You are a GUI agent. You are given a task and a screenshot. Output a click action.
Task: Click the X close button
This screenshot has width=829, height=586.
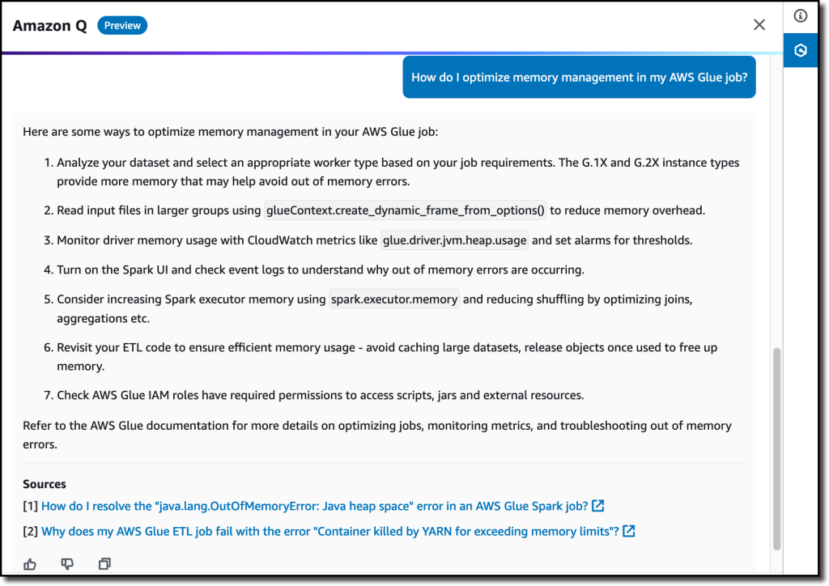point(759,25)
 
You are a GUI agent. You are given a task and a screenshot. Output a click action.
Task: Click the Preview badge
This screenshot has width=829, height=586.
point(122,25)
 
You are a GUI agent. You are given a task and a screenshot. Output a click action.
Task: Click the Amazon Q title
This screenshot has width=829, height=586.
point(50,25)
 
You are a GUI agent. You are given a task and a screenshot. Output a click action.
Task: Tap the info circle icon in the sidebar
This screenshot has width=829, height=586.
point(801,15)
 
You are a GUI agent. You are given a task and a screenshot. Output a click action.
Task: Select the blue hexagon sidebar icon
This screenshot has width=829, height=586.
point(801,50)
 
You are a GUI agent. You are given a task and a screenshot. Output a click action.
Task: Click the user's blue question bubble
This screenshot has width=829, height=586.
point(579,78)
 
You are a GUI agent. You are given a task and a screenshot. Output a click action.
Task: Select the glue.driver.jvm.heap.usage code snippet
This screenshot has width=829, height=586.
point(455,240)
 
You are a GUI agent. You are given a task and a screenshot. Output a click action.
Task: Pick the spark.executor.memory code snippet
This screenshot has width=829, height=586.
point(394,299)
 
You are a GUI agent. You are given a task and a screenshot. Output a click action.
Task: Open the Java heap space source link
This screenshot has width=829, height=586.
point(314,507)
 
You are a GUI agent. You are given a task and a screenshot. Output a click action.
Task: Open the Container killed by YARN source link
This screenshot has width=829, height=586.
point(329,532)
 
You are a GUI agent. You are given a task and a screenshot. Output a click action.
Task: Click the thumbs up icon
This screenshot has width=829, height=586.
point(30,564)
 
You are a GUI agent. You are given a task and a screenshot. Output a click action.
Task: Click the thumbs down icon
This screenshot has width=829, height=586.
point(67,564)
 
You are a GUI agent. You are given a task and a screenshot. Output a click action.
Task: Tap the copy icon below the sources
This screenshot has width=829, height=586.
point(104,564)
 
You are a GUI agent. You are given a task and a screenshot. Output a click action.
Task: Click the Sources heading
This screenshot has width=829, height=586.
point(45,484)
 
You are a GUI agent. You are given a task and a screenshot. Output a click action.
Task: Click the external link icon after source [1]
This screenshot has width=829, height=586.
point(598,507)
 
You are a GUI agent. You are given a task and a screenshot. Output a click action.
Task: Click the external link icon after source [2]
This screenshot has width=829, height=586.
point(629,532)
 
